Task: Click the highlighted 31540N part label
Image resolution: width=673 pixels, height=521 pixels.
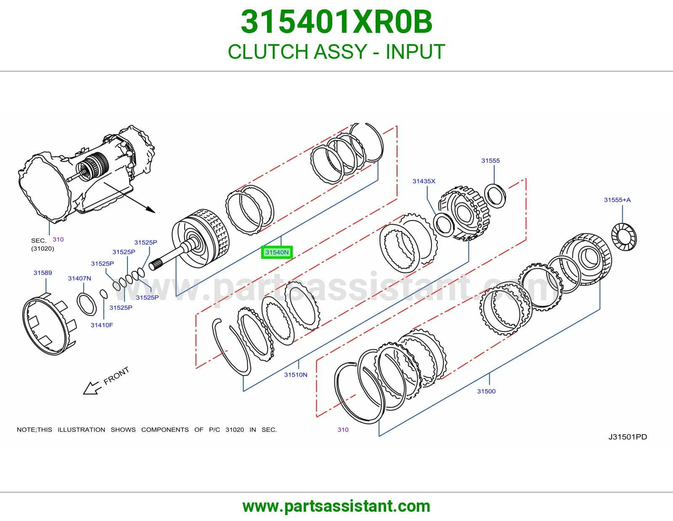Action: click(x=277, y=252)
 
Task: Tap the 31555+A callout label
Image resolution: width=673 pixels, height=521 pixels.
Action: click(x=617, y=200)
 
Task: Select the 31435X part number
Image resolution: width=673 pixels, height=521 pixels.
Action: click(x=424, y=181)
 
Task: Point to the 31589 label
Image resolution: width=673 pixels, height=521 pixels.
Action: click(x=43, y=273)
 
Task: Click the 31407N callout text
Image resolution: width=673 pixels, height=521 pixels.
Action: click(x=79, y=278)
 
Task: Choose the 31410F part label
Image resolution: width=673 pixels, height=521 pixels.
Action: click(x=102, y=325)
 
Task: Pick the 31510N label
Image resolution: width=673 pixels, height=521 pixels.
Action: click(x=296, y=375)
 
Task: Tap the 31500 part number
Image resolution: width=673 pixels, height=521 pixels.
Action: click(x=486, y=391)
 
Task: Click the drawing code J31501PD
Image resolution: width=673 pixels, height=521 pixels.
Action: click(x=628, y=437)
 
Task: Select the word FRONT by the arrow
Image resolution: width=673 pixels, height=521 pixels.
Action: click(x=116, y=376)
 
